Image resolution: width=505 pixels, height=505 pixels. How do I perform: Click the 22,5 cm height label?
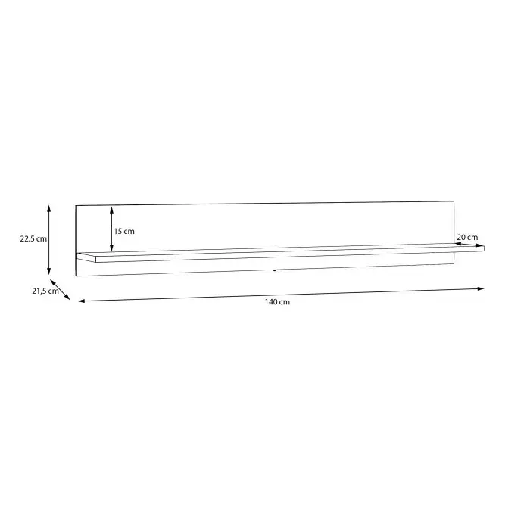point(33,239)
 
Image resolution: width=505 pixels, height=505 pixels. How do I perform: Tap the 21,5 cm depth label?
point(45,291)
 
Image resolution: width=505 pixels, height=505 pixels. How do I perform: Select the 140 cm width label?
point(277,302)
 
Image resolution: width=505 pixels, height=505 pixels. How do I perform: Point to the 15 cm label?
point(124,231)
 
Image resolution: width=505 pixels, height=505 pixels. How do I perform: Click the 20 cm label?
point(467,238)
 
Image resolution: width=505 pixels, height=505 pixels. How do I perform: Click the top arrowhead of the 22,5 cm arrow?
point(49,207)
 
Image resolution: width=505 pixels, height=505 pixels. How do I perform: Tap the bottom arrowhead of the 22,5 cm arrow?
point(49,272)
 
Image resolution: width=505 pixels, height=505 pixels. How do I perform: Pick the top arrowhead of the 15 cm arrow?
point(111,210)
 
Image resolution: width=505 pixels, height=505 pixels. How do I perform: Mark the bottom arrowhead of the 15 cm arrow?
point(111,248)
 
